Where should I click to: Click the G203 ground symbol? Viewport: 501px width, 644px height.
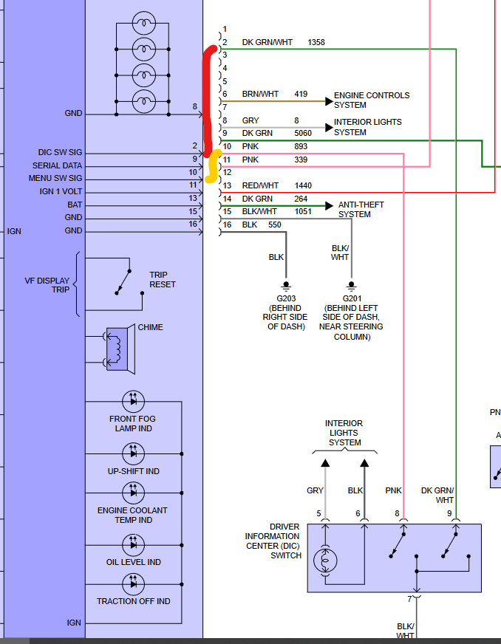tap(287, 287)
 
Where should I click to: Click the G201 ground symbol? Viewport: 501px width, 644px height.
tap(351, 287)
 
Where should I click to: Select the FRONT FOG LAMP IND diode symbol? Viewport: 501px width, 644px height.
tap(133, 401)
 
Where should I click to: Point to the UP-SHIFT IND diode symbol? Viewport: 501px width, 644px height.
tap(133, 454)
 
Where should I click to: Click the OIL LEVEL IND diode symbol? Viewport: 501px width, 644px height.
tap(133, 545)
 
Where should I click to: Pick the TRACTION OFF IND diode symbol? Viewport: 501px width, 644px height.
tap(133, 584)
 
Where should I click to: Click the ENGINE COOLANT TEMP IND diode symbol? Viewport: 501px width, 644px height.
tap(133, 493)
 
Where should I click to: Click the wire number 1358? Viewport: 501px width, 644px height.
tap(316, 42)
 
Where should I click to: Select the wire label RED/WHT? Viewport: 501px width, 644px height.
tap(260, 185)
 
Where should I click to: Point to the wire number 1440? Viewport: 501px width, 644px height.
tap(303, 185)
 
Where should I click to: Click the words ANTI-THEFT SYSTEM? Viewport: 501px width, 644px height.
tap(361, 210)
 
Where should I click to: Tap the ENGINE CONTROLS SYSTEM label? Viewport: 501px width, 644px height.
tap(372, 100)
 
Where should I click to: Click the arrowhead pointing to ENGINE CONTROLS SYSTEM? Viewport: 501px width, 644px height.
tap(329, 101)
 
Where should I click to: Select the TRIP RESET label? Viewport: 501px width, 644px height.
tap(163, 279)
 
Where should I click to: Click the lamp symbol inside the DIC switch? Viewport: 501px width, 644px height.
tap(325, 561)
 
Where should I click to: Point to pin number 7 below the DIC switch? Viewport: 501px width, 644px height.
tap(409, 599)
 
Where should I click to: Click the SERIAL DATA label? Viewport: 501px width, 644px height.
tap(57, 165)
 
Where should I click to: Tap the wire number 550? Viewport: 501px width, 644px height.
tap(275, 225)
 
